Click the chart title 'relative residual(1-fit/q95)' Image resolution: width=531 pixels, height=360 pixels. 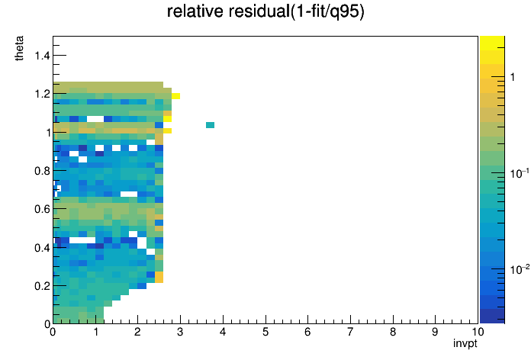click(265, 12)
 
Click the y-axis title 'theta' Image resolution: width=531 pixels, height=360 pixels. click(19, 48)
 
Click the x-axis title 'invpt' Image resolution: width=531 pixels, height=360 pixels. click(465, 344)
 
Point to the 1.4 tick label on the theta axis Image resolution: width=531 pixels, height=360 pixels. click(42, 55)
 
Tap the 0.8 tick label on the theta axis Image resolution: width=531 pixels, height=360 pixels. click(42, 171)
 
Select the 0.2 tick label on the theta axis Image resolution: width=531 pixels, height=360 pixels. click(42, 286)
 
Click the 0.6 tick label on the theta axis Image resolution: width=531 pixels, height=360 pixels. click(42, 209)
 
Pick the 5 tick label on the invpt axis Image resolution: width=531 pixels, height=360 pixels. click(265, 332)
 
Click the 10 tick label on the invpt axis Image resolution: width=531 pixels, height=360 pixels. click(478, 332)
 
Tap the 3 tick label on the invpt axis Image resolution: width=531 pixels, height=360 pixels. click(180, 332)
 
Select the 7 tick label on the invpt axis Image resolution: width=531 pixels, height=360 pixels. click(350, 332)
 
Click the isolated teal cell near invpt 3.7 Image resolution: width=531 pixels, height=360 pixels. click(210, 125)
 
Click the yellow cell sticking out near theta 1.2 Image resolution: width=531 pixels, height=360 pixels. click(175, 96)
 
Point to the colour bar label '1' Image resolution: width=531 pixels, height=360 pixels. click(513, 77)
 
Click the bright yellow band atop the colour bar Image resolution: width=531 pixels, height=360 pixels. click(492, 43)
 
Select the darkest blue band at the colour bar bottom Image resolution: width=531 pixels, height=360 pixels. click(492, 317)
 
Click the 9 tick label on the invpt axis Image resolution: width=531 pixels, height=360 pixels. click(435, 332)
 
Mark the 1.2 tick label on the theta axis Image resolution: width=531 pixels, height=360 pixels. click(42, 94)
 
